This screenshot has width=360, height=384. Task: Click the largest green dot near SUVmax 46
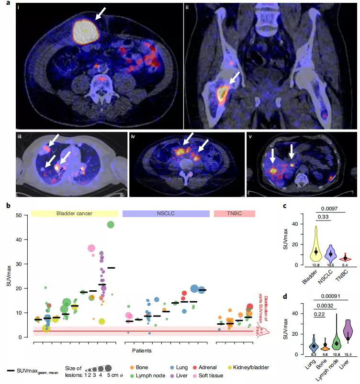[111, 225]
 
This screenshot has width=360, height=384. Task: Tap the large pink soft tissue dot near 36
[92, 248]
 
